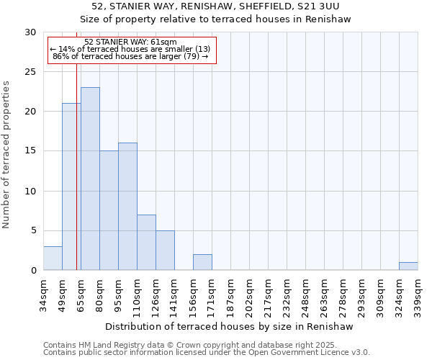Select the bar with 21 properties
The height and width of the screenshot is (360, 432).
coord(71,186)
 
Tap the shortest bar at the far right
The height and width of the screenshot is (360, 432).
coord(408,266)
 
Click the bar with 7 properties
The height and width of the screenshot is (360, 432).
coord(146,242)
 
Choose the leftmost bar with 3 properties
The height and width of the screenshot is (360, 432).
coord(53,258)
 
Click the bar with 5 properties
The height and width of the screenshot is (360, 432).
coord(165,250)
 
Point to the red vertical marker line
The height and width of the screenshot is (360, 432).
coord(76,180)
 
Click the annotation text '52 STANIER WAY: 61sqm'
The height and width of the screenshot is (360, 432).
coord(130,42)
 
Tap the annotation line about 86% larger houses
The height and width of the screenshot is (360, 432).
coord(130,56)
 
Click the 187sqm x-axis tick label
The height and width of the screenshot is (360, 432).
coord(230,297)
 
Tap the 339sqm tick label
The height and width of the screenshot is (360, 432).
coord(418,297)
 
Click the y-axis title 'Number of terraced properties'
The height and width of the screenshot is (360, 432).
coord(7,154)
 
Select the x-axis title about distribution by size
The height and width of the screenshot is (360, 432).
coord(230,327)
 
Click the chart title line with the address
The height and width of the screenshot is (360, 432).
coord(215,6)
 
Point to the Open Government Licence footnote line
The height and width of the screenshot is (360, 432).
coord(207,353)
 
